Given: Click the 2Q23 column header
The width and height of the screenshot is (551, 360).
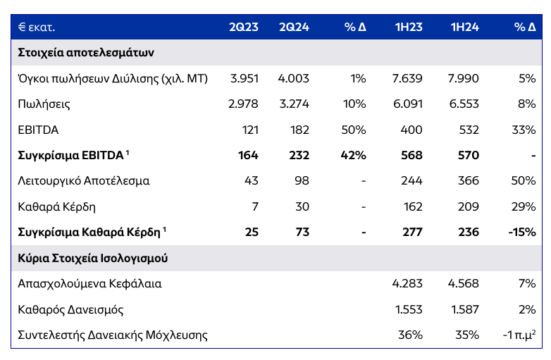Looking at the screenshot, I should coord(243,27).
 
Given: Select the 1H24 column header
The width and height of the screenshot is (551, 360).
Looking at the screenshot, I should coord(464,27).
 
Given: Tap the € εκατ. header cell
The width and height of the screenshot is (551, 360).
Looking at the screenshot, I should coord(37,27).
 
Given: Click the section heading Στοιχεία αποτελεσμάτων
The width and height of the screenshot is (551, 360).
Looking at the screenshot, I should coord(86,53).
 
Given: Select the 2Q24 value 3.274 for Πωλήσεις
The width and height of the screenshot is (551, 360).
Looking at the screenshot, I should coord(295,104).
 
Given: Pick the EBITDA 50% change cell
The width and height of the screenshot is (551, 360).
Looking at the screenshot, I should coord(353,130).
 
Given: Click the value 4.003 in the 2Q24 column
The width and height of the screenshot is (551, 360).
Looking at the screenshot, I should coord(295,79).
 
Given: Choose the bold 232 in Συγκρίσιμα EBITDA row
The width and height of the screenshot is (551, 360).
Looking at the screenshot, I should coord(299,156).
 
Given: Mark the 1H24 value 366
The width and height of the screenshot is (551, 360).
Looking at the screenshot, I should coord(468,181).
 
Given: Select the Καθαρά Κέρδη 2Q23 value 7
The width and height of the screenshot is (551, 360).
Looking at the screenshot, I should coord(254,206).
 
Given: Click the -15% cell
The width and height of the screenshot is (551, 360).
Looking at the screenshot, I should coord(521,232).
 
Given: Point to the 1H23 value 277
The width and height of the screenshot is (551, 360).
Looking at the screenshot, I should coord(411,232).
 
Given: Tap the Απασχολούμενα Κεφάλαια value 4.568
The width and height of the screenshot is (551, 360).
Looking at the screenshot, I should coord(463,284).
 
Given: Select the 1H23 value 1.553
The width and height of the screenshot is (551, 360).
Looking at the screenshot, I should coord(407,309).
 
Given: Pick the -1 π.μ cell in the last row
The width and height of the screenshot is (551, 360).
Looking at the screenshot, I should coord(519,335).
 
